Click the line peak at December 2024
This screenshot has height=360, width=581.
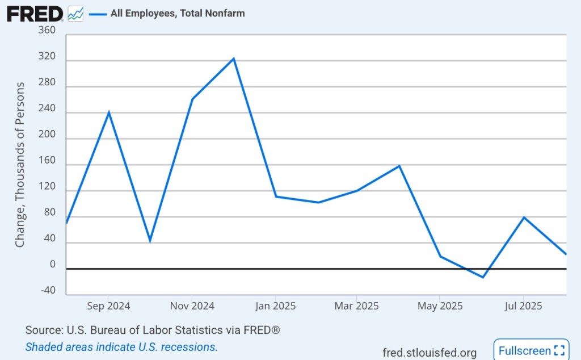[x=233, y=58]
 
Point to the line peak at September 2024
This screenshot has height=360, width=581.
[x=108, y=112]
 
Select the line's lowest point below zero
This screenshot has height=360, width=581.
[x=483, y=277]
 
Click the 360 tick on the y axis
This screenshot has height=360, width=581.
[x=48, y=30]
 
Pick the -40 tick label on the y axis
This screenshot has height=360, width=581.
[x=48, y=291]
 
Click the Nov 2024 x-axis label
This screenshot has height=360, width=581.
[x=192, y=306]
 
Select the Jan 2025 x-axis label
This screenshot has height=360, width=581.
[x=275, y=306]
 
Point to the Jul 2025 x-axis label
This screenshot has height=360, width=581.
[x=523, y=306]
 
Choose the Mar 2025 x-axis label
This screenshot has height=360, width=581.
[x=356, y=306]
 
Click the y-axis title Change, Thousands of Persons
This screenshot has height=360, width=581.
[x=20, y=165]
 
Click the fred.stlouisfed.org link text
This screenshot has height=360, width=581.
[x=430, y=352]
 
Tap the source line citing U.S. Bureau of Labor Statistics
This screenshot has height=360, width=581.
[x=153, y=330]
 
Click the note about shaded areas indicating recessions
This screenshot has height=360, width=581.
[x=121, y=347]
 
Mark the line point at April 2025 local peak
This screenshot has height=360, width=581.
[x=399, y=166]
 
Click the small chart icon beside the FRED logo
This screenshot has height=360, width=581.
[x=75, y=13]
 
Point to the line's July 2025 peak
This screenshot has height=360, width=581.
[x=524, y=217]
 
